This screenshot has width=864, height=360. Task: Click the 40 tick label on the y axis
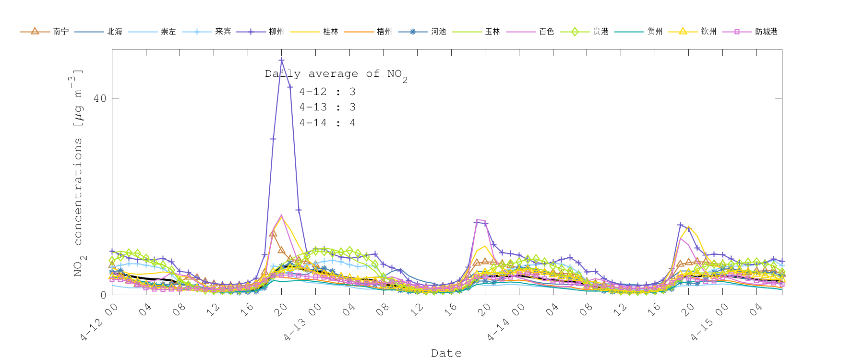[100, 98]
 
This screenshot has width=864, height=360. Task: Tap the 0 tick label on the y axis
[103, 295]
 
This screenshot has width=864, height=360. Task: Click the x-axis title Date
[446, 353]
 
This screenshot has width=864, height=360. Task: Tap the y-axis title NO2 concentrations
[78, 173]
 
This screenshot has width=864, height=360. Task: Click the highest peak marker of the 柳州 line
[281, 60]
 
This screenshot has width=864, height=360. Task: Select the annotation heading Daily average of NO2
[336, 74]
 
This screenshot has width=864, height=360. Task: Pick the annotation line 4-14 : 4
[327, 123]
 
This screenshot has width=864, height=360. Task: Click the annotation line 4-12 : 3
[327, 92]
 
